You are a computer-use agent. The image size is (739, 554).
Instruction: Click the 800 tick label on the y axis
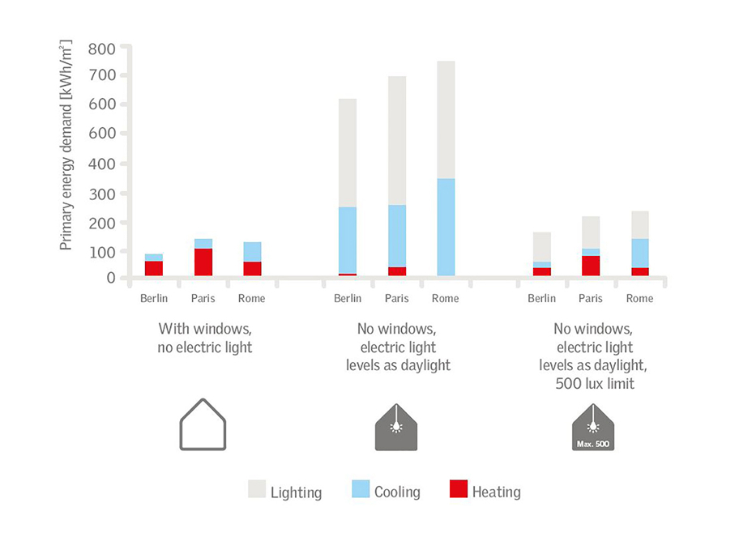[x=104, y=48]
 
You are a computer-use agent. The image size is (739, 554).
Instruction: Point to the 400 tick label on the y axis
[x=104, y=164]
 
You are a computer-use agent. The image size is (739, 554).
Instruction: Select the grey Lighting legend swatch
[x=257, y=490]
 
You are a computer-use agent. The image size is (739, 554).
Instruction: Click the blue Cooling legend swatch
[x=361, y=490]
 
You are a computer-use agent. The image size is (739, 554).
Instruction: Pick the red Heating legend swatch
[x=459, y=490]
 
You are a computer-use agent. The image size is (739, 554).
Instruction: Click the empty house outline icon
[x=203, y=425]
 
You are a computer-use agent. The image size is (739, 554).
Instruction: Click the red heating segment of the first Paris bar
[x=203, y=262]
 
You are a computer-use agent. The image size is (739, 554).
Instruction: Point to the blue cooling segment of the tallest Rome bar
[x=445, y=227]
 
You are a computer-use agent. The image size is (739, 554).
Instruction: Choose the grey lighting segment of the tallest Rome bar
[x=445, y=120]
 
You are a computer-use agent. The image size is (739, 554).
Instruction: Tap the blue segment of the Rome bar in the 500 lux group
[x=639, y=253]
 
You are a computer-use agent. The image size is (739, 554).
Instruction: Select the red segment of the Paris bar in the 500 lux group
[x=591, y=266]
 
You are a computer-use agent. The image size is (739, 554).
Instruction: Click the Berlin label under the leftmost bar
[x=154, y=299]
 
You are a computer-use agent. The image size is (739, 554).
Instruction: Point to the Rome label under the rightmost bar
[x=639, y=299]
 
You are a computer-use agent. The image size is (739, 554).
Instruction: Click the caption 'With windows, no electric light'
[x=204, y=338]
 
